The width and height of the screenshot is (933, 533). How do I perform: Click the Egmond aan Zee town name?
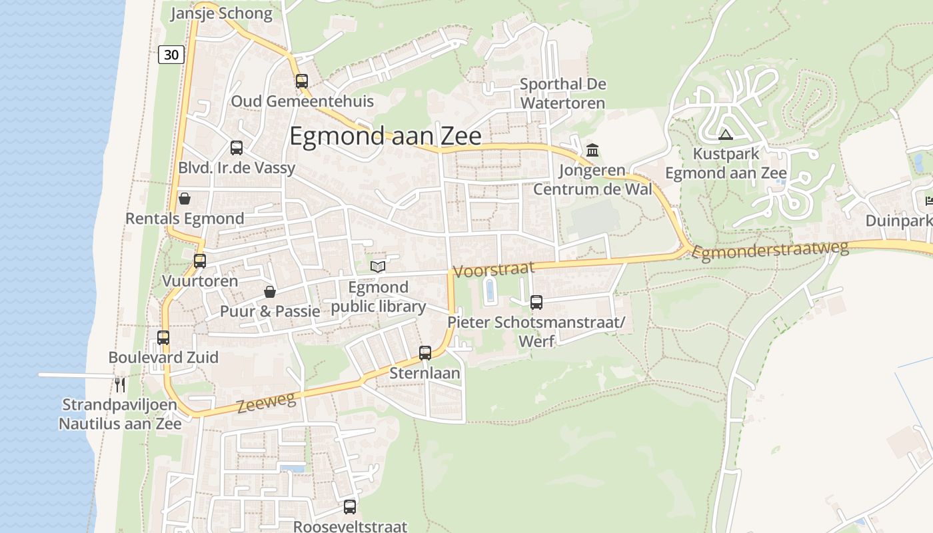(x=385, y=136)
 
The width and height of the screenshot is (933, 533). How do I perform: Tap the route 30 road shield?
(x=171, y=55)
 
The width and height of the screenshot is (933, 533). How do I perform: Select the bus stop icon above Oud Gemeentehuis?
(x=302, y=81)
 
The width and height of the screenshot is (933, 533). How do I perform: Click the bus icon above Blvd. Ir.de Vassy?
(x=237, y=148)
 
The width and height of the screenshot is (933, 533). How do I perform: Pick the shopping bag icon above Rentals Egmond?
(x=185, y=199)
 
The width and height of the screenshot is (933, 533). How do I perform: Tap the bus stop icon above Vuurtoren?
(x=200, y=261)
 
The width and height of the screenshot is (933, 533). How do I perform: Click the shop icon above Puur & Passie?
(x=270, y=292)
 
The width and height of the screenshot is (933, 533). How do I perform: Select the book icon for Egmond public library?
(x=378, y=267)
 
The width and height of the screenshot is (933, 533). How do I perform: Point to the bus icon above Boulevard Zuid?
(x=163, y=338)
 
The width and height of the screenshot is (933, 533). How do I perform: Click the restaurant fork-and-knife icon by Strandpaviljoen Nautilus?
(x=120, y=384)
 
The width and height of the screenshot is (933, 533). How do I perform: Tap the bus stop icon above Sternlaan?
(x=425, y=353)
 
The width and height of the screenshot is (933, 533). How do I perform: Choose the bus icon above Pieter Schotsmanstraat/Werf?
(x=536, y=302)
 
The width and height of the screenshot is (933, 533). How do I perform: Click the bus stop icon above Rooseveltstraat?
(x=350, y=507)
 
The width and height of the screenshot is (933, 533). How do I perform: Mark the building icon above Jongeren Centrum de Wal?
(x=592, y=150)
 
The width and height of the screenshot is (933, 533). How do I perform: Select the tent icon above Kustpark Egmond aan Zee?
(x=726, y=135)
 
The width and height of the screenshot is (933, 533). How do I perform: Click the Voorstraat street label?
(x=494, y=269)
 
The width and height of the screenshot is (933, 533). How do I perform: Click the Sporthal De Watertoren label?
(x=562, y=93)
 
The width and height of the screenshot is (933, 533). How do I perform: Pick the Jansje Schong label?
(x=221, y=13)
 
